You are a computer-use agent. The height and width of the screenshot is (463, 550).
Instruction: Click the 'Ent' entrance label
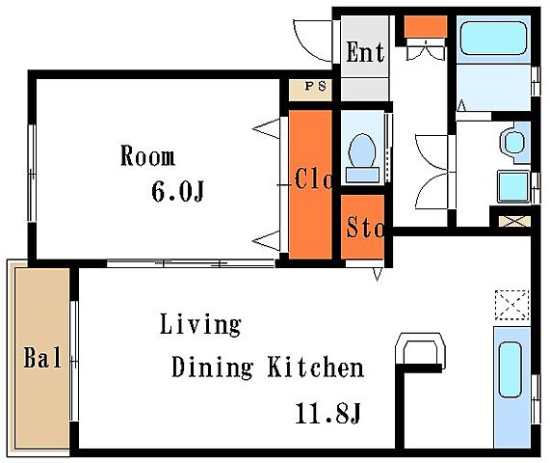pyautogui.click(x=365, y=52)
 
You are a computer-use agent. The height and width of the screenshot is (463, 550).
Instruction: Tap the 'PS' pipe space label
pyautogui.click(x=315, y=86)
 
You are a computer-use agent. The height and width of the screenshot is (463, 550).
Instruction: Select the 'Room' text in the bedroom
pyautogui.click(x=147, y=155)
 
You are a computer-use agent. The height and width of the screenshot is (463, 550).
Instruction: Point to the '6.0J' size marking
pyautogui.click(x=177, y=191)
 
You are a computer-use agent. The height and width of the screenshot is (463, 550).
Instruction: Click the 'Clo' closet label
pyautogui.click(x=313, y=178)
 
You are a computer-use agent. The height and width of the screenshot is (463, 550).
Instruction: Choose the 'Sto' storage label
pyautogui.click(x=365, y=227)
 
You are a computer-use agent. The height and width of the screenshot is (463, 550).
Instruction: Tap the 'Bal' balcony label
pyautogui.click(x=42, y=357)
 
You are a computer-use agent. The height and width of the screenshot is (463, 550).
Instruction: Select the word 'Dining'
pyautogui.click(x=212, y=368)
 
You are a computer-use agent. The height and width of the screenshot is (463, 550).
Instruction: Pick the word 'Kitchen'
pyautogui.click(x=316, y=367)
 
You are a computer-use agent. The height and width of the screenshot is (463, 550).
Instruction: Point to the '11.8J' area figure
pyautogui.click(x=327, y=413)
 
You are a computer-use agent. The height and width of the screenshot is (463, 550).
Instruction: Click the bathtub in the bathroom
pyautogui.click(x=493, y=39)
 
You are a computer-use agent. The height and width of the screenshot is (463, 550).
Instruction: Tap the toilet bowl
pyautogui.click(x=362, y=150)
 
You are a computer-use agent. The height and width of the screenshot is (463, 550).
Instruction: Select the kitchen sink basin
pyautogui.click(x=511, y=369)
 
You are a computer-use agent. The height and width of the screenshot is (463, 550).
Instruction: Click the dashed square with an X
pyautogui.click(x=511, y=305)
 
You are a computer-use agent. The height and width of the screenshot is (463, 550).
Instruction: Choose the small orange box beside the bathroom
pyautogui.click(x=426, y=26)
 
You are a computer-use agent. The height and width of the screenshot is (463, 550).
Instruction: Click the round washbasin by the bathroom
pyautogui.click(x=514, y=142)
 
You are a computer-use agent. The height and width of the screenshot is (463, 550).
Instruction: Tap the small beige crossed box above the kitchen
pyautogui.click(x=514, y=221)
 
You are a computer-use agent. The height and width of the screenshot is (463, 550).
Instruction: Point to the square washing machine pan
pyautogui.click(x=513, y=186)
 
